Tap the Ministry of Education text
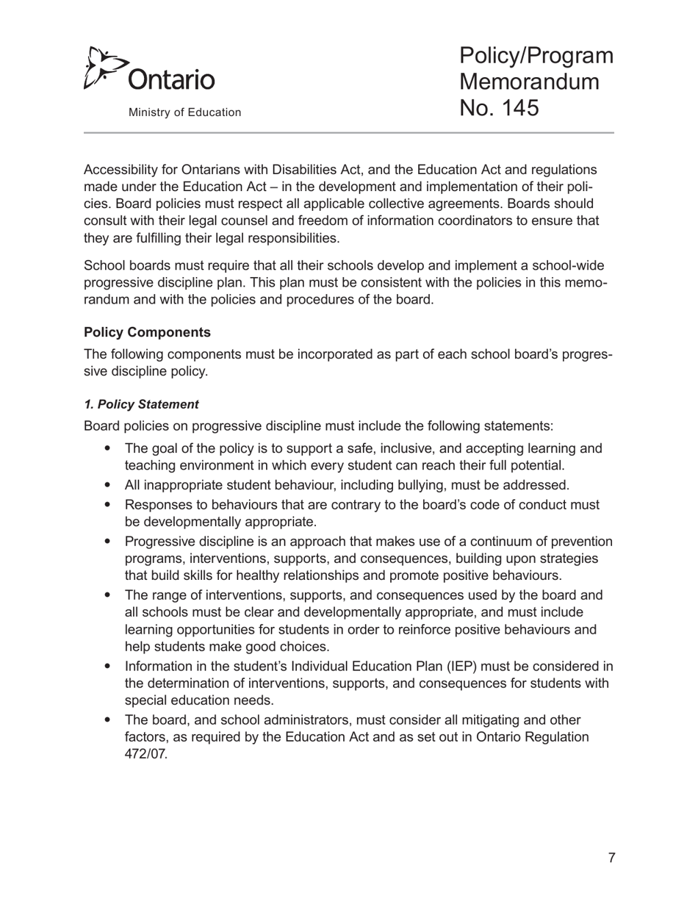click(x=184, y=112)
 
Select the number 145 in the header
click(x=517, y=108)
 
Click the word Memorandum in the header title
click(x=529, y=82)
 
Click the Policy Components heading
click(x=147, y=332)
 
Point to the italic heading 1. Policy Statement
click(x=141, y=404)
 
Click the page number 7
click(x=611, y=858)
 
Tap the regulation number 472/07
click(x=146, y=754)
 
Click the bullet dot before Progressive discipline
click(x=109, y=542)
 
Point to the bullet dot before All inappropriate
click(x=109, y=485)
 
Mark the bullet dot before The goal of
click(x=109, y=448)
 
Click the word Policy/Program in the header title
click(x=536, y=55)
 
